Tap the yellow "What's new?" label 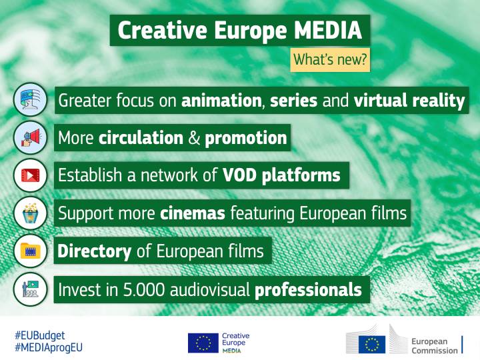tap(330, 59)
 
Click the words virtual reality tap(409, 101)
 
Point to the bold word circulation tap(141, 138)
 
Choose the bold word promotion tap(246, 138)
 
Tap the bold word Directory tap(95, 251)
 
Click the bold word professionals tap(308, 290)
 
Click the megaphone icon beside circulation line tap(31, 138)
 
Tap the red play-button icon tap(31, 175)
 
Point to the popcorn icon tap(31, 213)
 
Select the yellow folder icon tap(31, 251)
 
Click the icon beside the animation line tap(31, 101)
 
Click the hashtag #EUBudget tap(40, 335)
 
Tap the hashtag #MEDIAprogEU tap(49, 347)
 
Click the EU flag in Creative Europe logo tap(203, 342)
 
